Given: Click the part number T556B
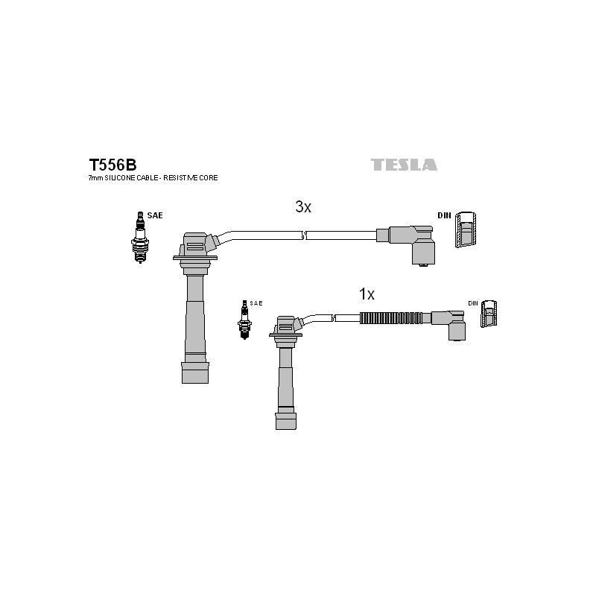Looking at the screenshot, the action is coord(112,165).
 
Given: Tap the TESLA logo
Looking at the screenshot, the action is coord(404,165).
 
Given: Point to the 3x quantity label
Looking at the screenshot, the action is coord(303,207).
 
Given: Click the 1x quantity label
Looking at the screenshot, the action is coord(367,294).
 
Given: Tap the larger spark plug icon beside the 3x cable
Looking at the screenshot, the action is coord(140,238).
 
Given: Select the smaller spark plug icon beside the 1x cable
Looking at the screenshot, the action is coord(244,320).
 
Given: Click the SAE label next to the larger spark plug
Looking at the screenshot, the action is coord(155,215).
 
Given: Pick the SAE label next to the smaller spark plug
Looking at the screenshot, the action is coord(256,303).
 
